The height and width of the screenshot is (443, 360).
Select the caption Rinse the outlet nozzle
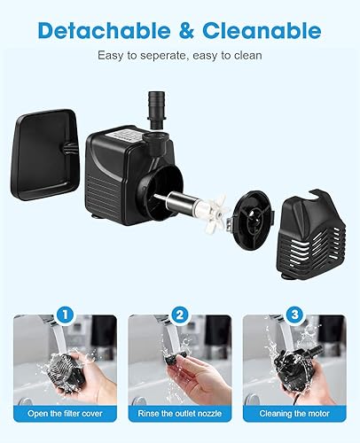pos(180,413)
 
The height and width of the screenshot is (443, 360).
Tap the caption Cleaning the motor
pos(295,413)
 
